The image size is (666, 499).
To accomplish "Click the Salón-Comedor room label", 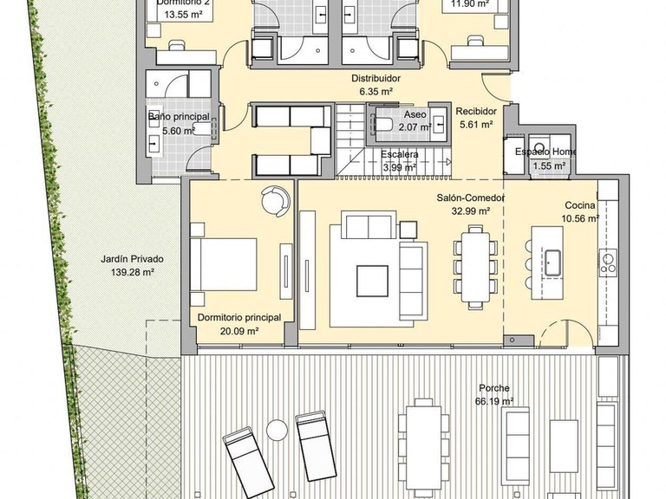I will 470,198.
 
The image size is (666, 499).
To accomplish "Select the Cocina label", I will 580,205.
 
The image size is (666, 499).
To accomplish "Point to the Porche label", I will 495,388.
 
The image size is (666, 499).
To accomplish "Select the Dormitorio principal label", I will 238,318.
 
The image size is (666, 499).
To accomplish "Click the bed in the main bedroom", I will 224,263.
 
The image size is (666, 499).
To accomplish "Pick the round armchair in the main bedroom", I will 275,198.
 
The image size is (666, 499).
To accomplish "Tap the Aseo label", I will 415,114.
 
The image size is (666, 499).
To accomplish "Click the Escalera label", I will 400,154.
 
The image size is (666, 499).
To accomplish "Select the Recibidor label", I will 476,111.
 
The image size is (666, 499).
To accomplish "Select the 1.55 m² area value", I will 549,165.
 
